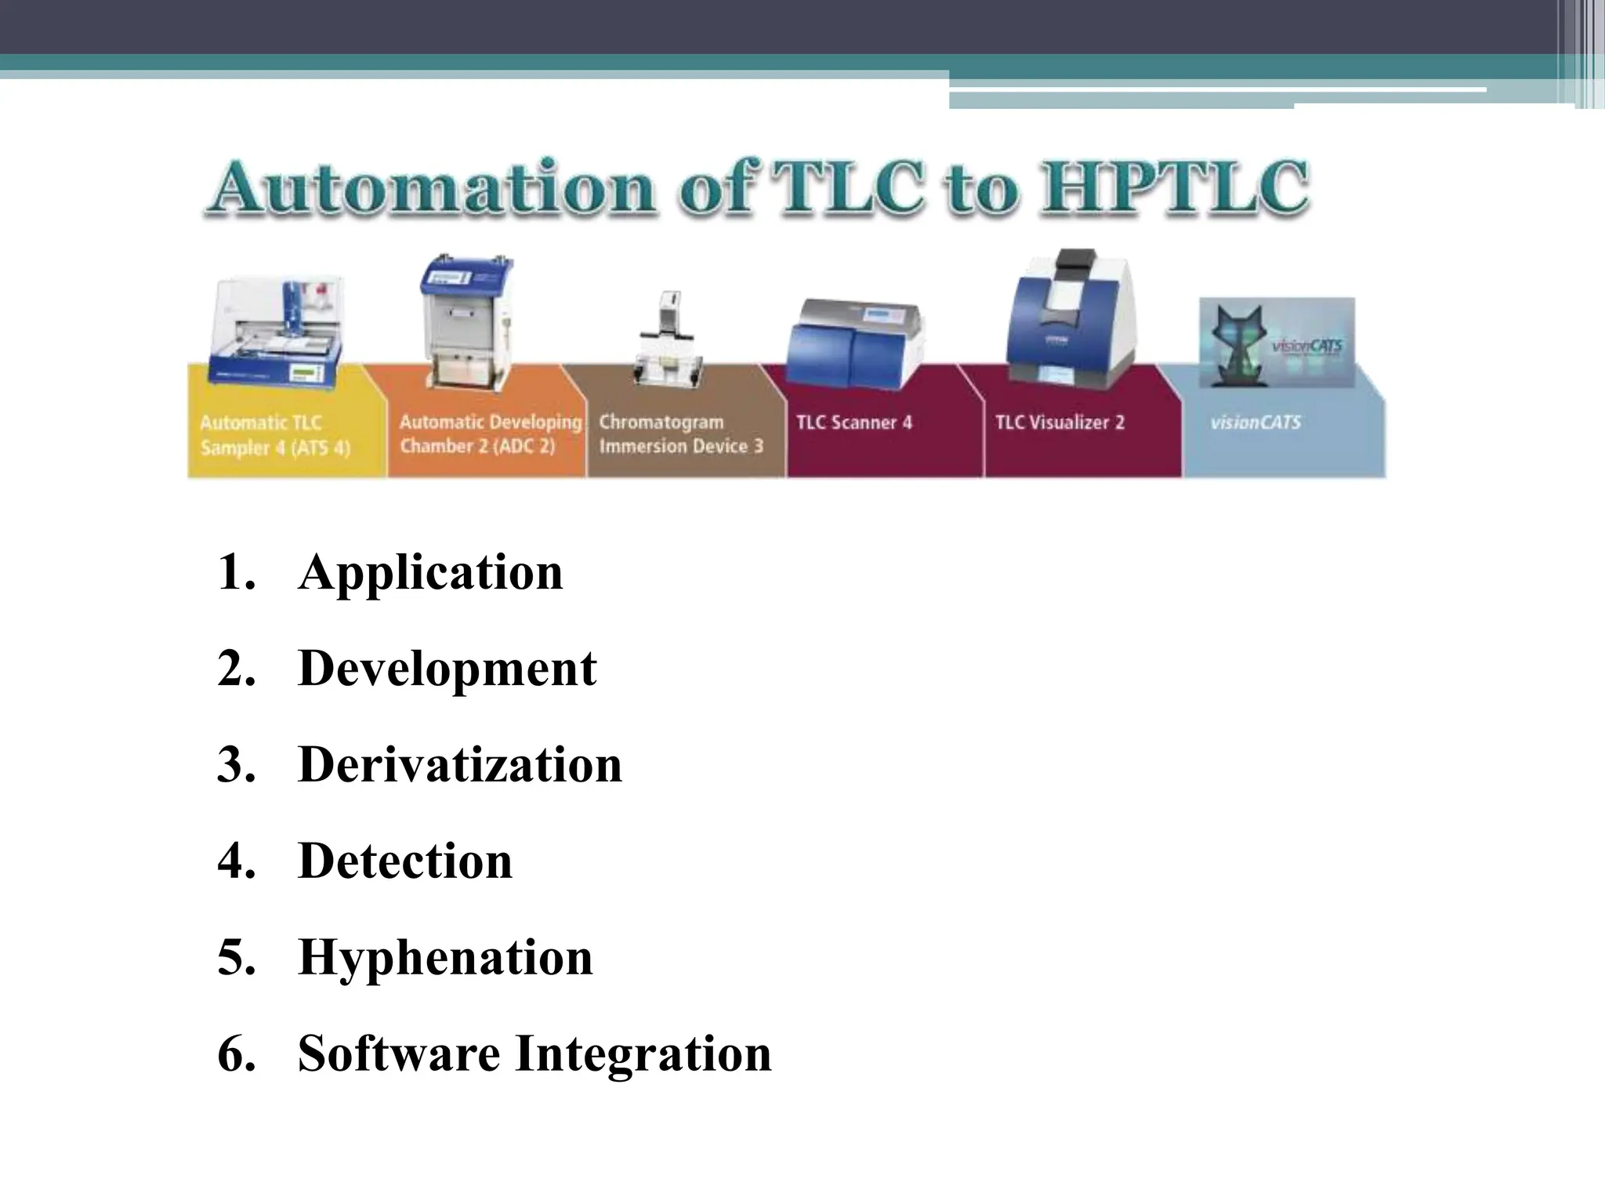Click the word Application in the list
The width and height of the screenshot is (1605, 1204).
(430, 573)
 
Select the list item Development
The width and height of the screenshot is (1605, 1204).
(447, 669)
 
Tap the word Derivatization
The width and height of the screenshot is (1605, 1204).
(460, 765)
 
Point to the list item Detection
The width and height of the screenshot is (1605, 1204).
(405, 861)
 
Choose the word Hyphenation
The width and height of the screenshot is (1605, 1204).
(445, 957)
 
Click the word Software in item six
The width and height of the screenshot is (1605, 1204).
(399, 1053)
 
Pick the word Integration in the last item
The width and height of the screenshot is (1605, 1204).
(643, 1053)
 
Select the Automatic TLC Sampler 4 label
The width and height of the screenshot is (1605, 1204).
(274, 435)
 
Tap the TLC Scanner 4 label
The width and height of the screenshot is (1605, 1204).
(854, 422)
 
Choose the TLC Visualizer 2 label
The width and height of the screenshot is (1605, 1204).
(1060, 422)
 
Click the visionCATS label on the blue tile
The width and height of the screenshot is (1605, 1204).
(1255, 422)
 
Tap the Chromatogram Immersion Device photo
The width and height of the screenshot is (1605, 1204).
(668, 341)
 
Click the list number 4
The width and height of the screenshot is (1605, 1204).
(236, 861)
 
